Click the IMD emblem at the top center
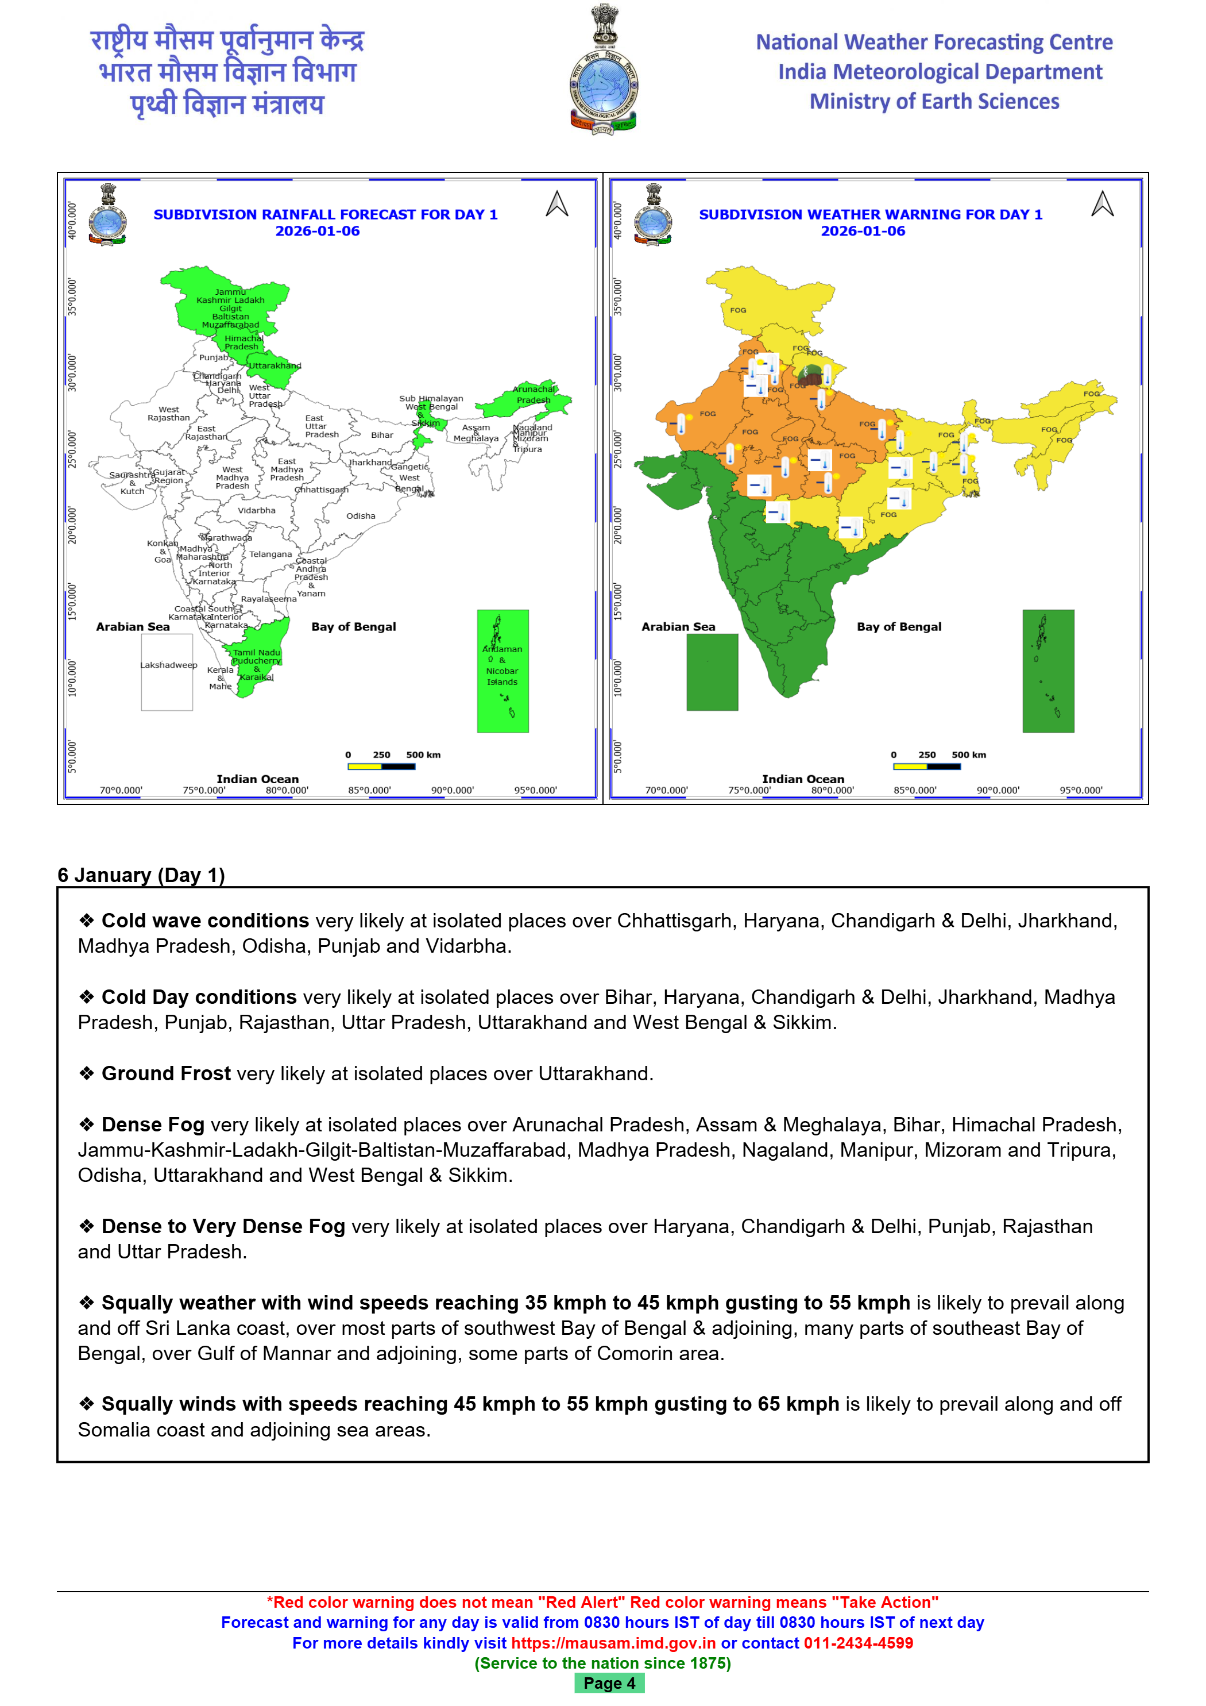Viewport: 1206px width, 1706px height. tap(603, 71)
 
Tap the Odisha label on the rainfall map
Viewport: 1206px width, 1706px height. tap(361, 515)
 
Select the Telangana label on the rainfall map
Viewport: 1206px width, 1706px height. tap(270, 554)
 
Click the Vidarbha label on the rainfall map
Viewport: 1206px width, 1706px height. tap(256, 510)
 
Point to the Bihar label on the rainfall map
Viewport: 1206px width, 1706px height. tap(382, 436)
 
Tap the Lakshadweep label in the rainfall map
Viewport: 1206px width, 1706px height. tap(169, 665)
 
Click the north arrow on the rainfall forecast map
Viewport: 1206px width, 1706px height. tap(557, 205)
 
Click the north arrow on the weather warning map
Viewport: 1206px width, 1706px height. tap(1102, 205)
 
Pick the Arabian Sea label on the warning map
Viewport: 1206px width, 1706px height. tap(678, 627)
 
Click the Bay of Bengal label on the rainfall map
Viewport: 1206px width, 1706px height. tap(354, 627)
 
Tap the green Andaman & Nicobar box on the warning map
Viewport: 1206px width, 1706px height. tap(1048, 671)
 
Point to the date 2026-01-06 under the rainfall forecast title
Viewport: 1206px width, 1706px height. tap(318, 231)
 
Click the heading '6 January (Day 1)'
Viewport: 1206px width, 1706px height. tap(141, 875)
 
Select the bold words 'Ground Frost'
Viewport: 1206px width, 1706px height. tap(167, 1074)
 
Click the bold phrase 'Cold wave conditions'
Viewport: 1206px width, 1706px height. tap(205, 921)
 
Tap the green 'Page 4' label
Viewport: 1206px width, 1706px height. tap(609, 1683)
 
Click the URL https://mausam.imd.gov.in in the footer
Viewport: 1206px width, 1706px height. tap(613, 1643)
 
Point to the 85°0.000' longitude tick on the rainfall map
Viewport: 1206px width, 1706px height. tap(369, 791)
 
